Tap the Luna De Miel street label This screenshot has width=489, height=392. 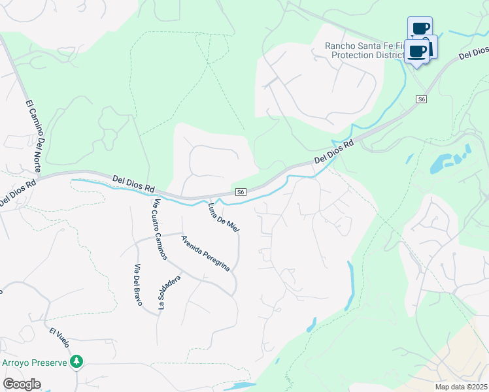[223, 218]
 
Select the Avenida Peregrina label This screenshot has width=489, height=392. [206, 253]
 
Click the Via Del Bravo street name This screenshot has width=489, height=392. [138, 285]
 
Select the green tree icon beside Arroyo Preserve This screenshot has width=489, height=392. [77, 361]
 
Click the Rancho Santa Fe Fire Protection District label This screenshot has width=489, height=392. [366, 50]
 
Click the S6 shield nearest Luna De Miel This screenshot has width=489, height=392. [241, 191]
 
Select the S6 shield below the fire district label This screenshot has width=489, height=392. [422, 99]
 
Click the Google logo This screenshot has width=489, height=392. [22, 384]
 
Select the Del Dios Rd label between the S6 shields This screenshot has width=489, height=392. [333, 152]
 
